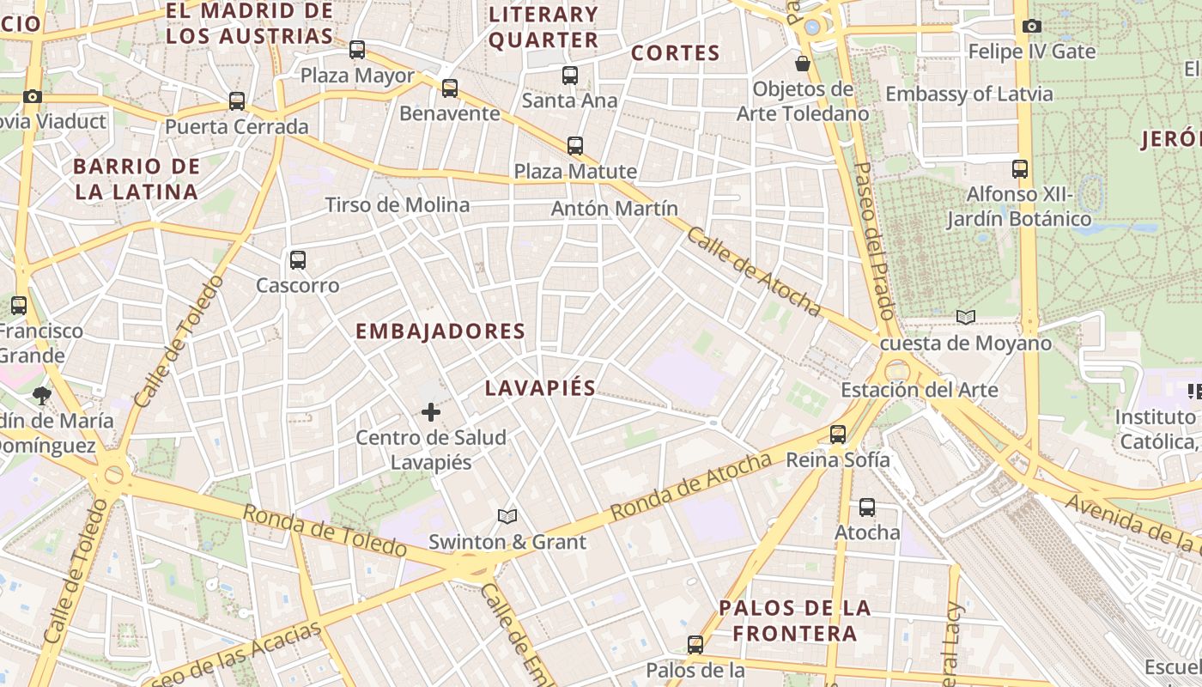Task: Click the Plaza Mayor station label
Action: (x=357, y=76)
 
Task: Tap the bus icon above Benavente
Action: (x=449, y=88)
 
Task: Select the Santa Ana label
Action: (x=569, y=100)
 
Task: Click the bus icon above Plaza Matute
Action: (x=574, y=146)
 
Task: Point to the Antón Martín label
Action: (x=614, y=209)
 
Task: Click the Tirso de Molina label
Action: (x=397, y=204)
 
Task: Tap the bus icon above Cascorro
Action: (x=297, y=259)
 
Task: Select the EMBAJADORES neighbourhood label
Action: (x=440, y=331)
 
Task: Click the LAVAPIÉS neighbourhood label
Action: (x=540, y=388)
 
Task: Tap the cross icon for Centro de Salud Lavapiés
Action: (x=431, y=413)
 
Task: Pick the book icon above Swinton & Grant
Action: (x=507, y=516)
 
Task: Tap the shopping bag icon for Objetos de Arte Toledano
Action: (x=802, y=63)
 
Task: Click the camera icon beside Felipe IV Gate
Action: (x=1032, y=27)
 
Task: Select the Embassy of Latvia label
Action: (x=968, y=94)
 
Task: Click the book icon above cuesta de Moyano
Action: (x=966, y=318)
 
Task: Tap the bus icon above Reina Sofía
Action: (x=837, y=435)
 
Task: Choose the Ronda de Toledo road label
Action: (x=324, y=530)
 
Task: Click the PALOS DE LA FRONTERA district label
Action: (x=794, y=620)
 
